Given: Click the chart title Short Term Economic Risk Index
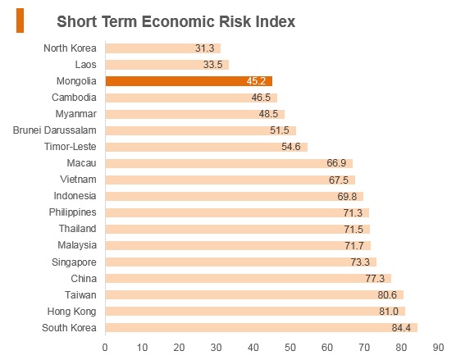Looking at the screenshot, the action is tap(176, 21).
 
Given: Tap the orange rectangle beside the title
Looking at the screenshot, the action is tap(20, 21).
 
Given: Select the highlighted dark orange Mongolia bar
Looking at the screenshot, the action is tap(189, 81).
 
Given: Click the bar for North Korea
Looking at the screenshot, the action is tap(163, 48).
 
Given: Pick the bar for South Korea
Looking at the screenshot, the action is tap(262, 328).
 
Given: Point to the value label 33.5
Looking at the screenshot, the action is tap(213, 65).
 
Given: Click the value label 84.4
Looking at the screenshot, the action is tap(401, 328).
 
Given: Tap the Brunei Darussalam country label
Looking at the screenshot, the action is tap(55, 130).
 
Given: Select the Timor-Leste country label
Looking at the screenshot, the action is tap(70, 147).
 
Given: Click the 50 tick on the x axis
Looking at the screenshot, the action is tap(290, 348).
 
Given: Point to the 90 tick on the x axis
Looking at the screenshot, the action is tap(438, 348).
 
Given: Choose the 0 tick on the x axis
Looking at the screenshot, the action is tap(105, 348).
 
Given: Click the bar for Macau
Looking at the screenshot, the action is tap(229, 163).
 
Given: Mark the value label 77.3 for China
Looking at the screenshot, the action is tap(375, 279).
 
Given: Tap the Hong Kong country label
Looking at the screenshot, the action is tap(72, 312).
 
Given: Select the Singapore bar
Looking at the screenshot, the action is tap(241, 262).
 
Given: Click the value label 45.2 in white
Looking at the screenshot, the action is tap(256, 81).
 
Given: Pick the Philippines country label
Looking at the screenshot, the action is tap(73, 212).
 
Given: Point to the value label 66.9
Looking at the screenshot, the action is tap(336, 163).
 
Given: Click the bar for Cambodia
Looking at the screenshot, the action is tap(191, 98).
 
